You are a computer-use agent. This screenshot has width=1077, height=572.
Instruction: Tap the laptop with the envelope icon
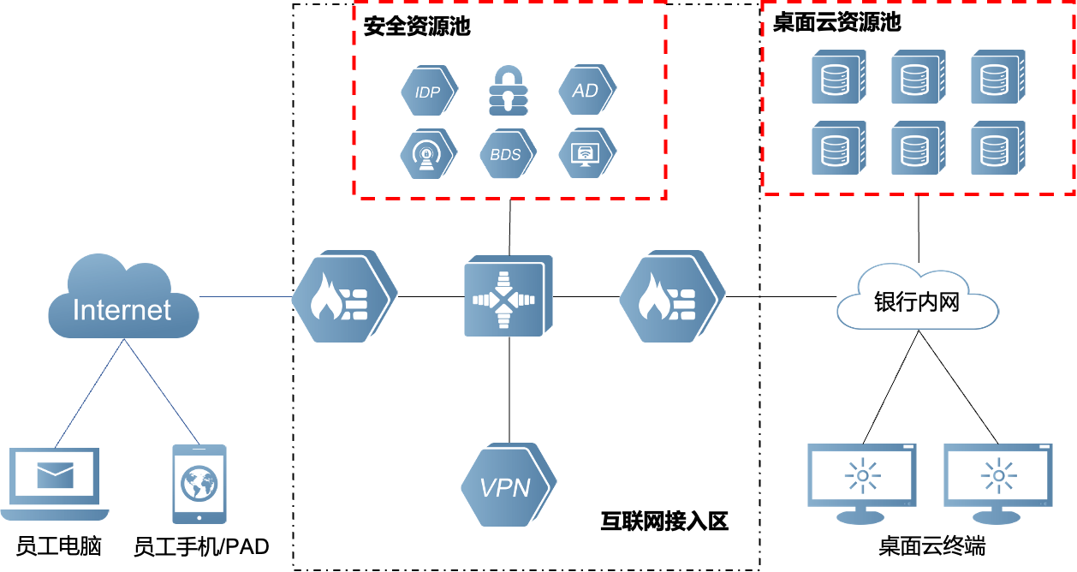(55, 482)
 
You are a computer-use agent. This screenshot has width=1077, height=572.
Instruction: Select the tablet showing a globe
(199, 483)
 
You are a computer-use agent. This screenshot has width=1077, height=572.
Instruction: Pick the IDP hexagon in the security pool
(428, 91)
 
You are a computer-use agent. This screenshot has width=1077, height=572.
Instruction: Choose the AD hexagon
(586, 90)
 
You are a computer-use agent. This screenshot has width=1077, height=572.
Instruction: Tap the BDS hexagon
(506, 155)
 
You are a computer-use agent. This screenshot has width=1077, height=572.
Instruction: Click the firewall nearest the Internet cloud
(342, 297)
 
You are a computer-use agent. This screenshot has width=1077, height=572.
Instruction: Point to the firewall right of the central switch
(670, 297)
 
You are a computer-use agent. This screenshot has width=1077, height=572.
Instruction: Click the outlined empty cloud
(918, 299)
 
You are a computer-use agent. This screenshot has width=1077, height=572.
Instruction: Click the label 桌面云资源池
(836, 22)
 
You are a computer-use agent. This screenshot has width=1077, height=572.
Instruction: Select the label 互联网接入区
(664, 521)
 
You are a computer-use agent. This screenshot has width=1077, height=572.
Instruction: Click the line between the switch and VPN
(509, 390)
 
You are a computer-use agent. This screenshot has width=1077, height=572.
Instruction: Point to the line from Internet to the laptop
(91, 392)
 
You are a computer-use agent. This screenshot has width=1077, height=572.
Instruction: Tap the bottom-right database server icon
(996, 148)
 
